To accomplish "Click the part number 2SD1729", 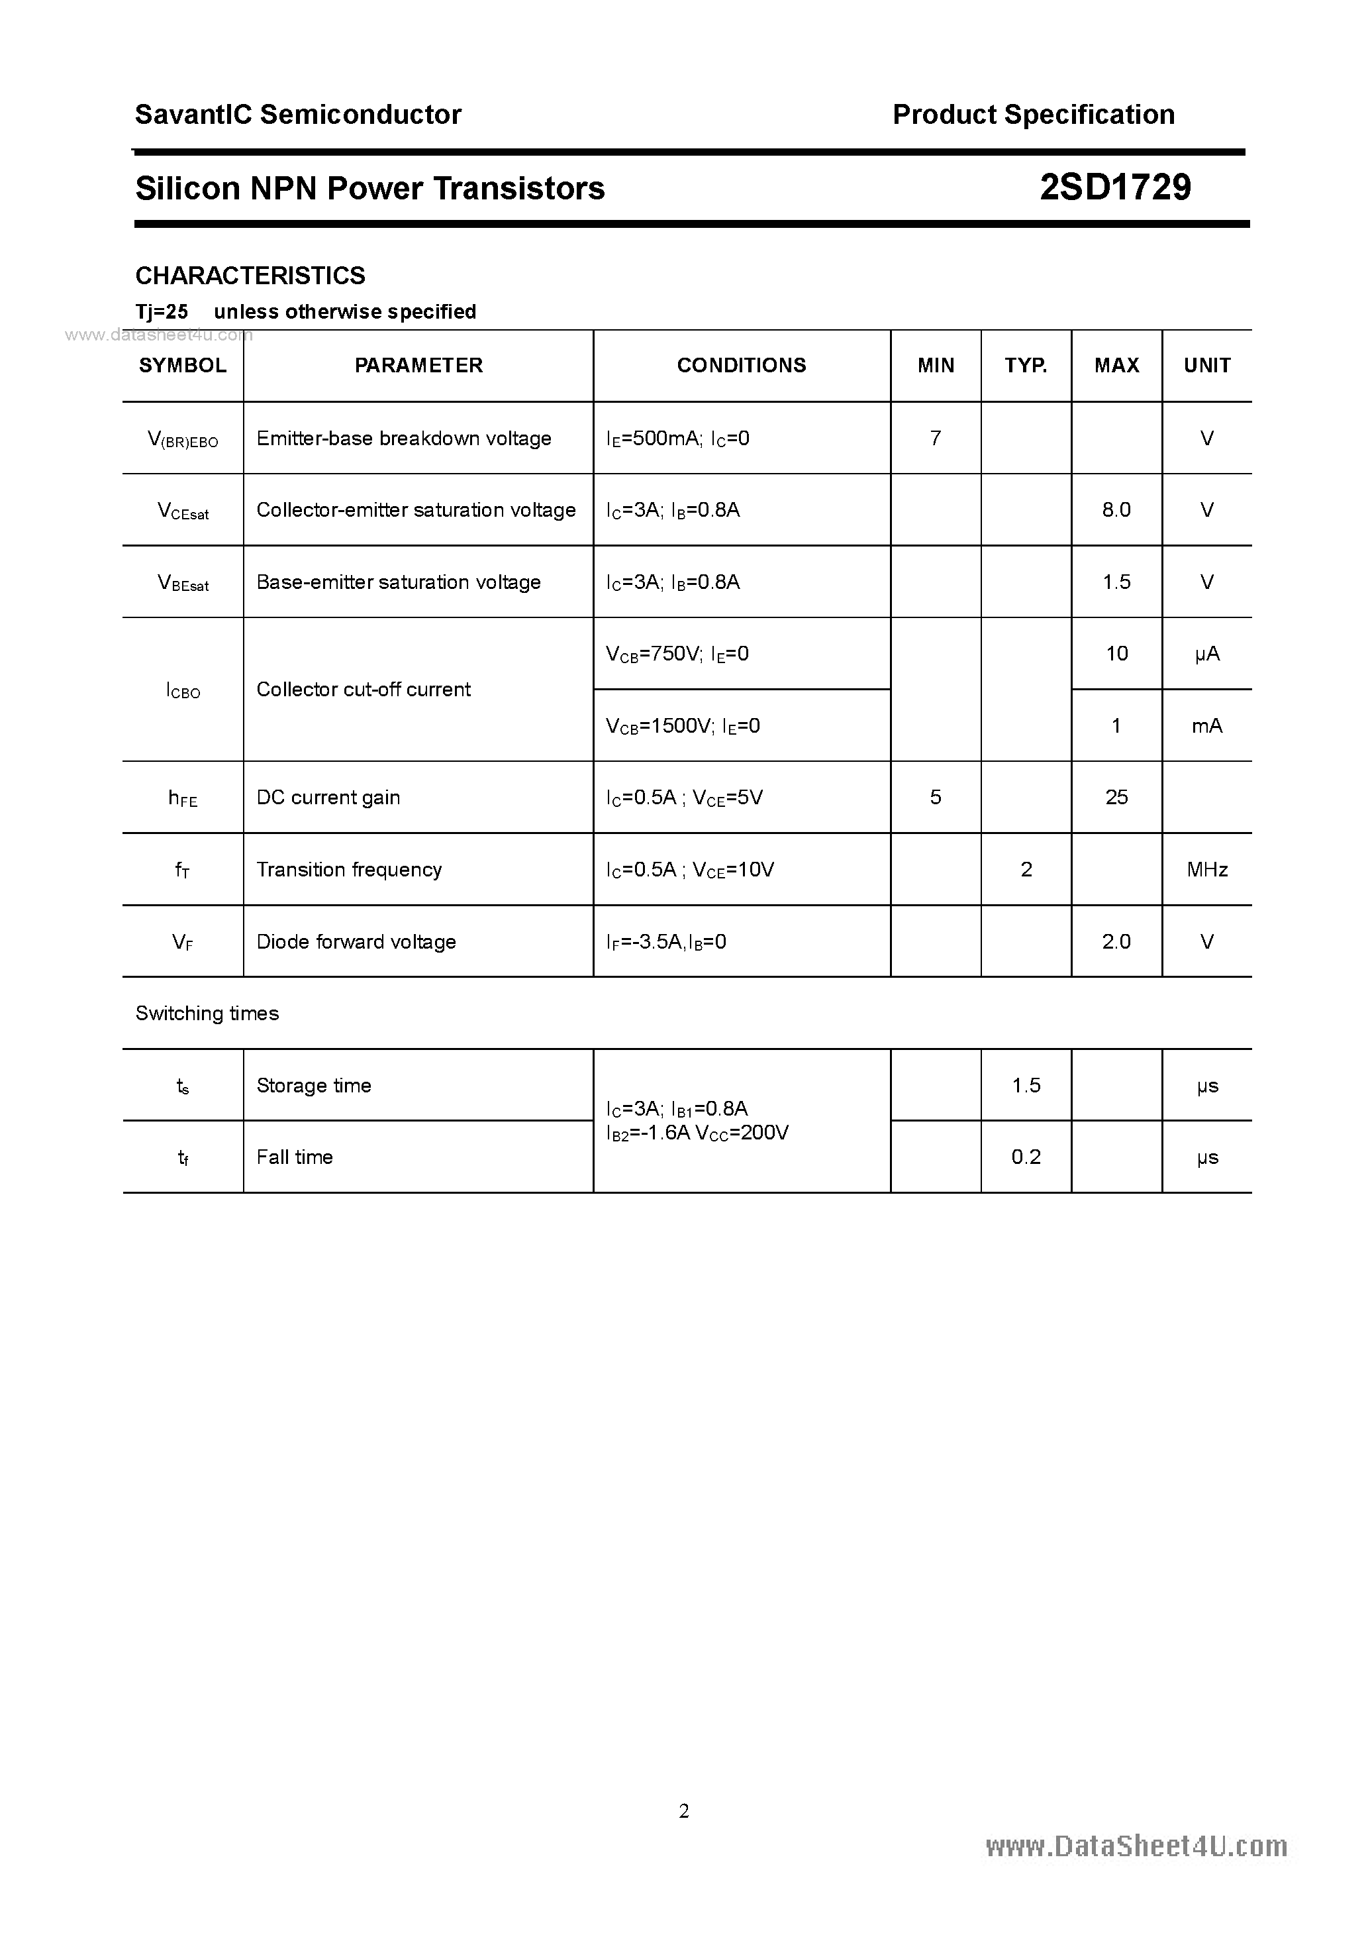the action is coord(1115,187).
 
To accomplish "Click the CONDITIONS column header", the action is coord(742,365).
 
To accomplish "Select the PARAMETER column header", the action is coord(418,365).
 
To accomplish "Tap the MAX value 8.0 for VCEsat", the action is coord(1116,509).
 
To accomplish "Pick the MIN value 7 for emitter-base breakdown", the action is coord(936,438).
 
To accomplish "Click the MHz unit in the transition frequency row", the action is coord(1207,870).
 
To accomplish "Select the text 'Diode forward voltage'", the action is coord(356,941).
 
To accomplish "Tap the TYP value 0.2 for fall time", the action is coord(1026,1157).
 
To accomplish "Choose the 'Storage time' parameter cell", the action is coord(314,1086).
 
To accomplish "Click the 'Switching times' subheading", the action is coord(207,1013).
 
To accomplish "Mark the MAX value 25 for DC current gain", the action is coord(1116,797).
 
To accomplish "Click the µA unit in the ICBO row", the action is coord(1207,654).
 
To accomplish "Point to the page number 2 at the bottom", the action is coord(684,1810).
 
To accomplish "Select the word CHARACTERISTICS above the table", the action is coord(250,276).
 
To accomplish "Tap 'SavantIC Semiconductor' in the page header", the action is coord(298,115).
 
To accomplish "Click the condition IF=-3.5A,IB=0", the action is coord(666,941).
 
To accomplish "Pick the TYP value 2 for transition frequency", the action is coord(1026,870).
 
